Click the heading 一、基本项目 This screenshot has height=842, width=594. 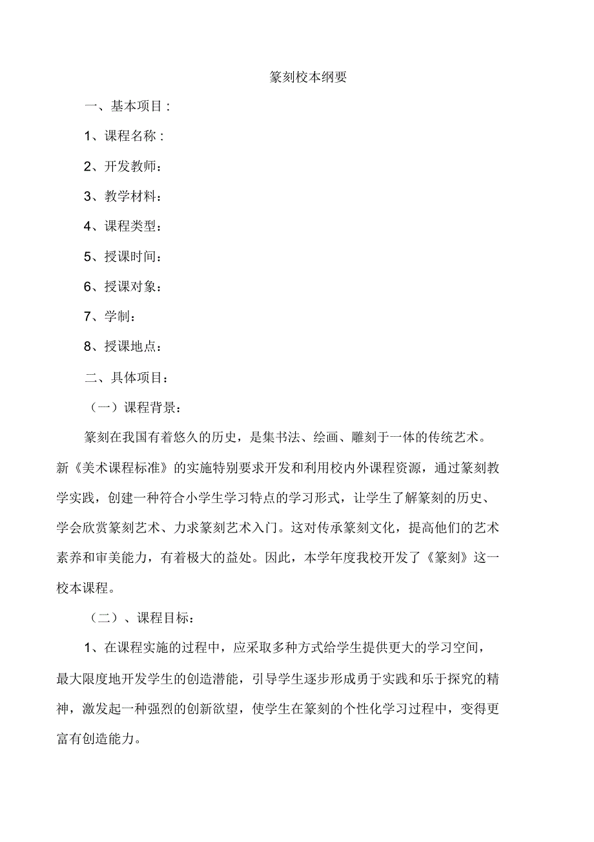click(128, 107)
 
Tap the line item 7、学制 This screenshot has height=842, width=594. click(110, 317)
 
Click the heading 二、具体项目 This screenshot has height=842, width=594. click(128, 377)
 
